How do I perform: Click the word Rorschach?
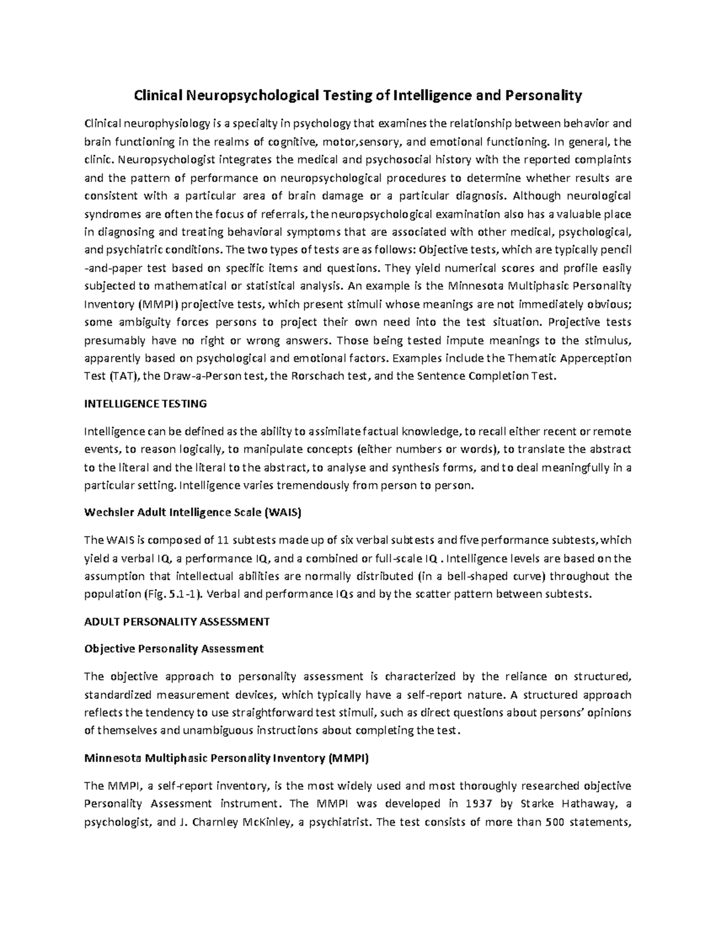click(x=320, y=376)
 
